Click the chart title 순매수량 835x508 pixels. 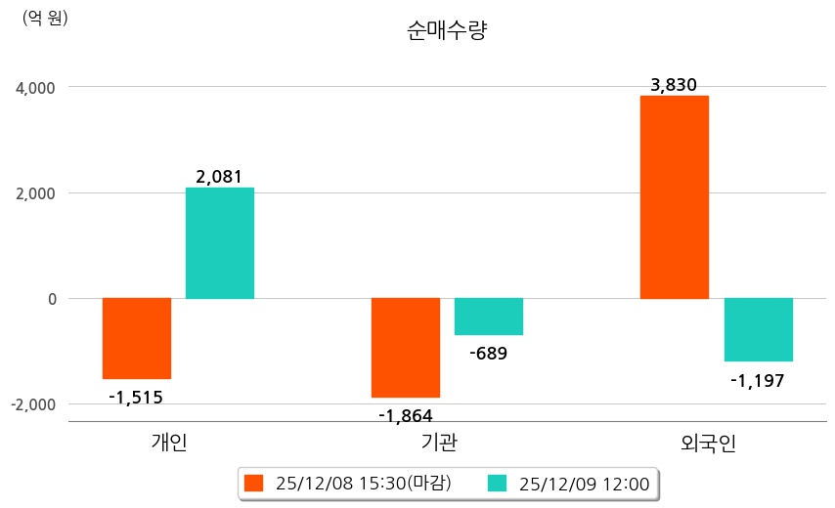[446, 31]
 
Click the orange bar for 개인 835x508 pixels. [137, 338]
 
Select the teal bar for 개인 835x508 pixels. [220, 243]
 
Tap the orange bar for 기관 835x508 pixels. [406, 348]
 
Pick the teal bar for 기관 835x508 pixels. [489, 317]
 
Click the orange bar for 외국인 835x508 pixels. [675, 196]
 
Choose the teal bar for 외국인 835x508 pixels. [758, 329]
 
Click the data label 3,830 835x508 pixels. [674, 85]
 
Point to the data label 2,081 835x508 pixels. [219, 177]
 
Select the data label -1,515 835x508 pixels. [136, 397]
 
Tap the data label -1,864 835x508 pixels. [406, 415]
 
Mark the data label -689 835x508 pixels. [488, 353]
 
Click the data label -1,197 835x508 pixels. [758, 379]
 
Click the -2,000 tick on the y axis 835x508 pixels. [34, 404]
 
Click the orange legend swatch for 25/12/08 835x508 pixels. [254, 484]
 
